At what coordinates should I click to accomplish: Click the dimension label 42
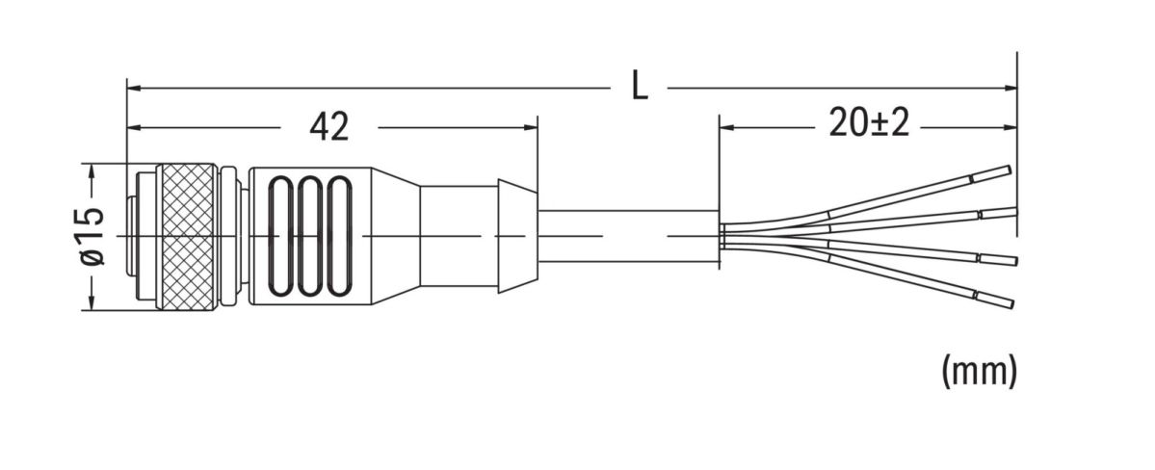coord(328,127)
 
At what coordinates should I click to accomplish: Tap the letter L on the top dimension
coord(640,88)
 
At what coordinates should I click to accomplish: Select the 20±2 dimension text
coord(869,124)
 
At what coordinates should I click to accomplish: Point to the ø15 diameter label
coord(93,236)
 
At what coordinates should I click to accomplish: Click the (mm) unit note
coord(979,371)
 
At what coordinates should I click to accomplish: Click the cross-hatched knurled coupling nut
coord(190,237)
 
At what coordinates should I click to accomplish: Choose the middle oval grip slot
coord(310,237)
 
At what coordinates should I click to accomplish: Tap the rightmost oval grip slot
coord(339,237)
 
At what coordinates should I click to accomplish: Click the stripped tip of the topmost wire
coord(991,173)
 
